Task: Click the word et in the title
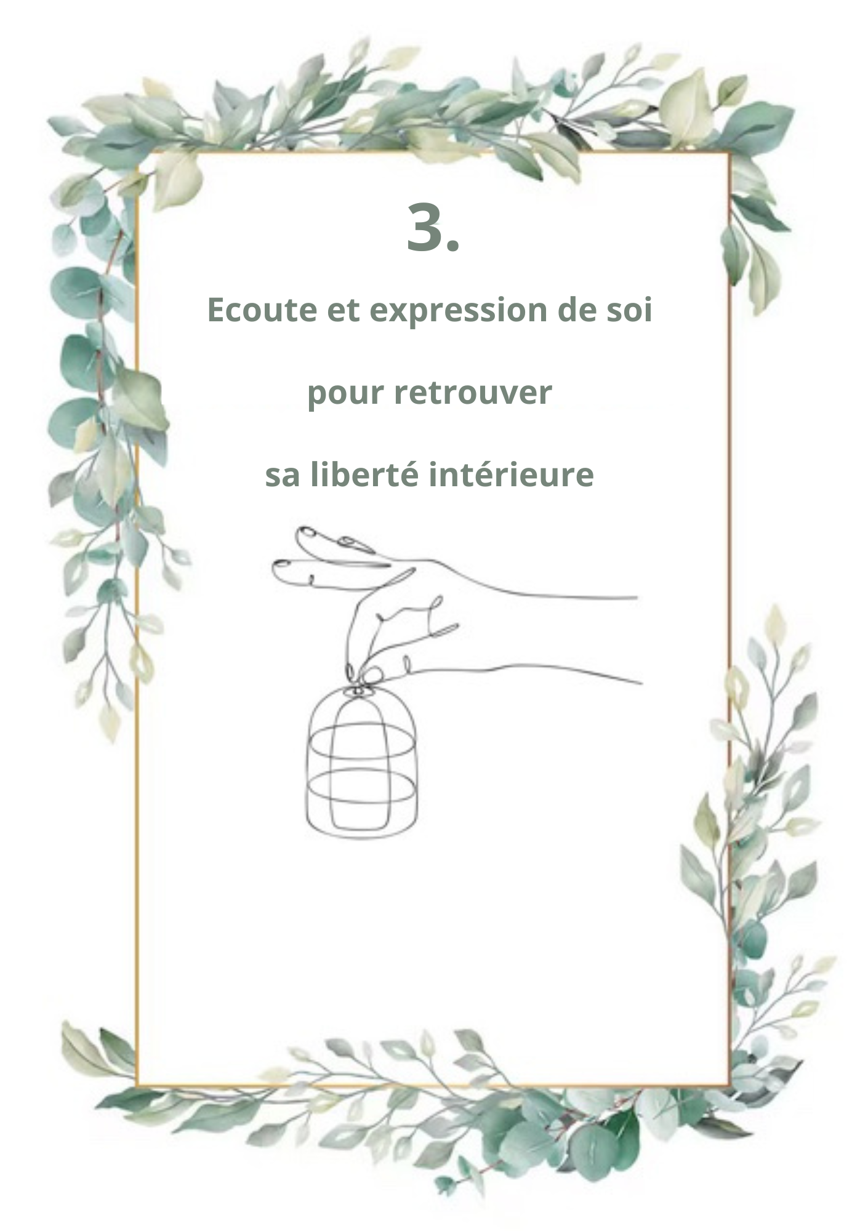click(342, 310)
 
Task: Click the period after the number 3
click(452, 245)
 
